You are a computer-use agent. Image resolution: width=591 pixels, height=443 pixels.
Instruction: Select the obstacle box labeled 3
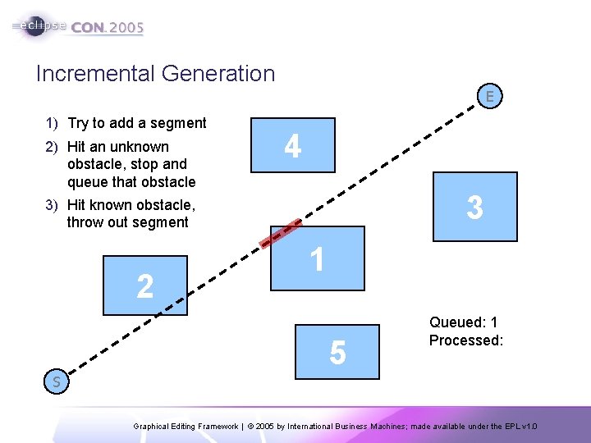click(x=475, y=207)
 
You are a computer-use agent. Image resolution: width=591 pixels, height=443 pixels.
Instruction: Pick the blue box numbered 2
click(x=145, y=285)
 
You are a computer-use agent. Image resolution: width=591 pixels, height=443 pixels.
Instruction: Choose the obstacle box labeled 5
click(x=338, y=350)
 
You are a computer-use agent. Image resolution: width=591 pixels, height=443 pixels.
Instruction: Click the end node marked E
click(x=489, y=97)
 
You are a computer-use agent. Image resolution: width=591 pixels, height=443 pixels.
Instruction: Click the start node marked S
click(x=57, y=381)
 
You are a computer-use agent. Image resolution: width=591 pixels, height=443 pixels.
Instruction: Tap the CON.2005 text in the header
click(x=108, y=27)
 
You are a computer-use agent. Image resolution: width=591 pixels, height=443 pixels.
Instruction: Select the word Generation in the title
click(x=218, y=74)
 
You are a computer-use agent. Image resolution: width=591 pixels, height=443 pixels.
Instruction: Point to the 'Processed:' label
click(x=465, y=340)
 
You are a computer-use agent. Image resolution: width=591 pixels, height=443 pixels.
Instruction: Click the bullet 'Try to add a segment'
click(x=136, y=123)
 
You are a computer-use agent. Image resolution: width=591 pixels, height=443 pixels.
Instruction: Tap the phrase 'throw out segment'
click(x=128, y=222)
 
